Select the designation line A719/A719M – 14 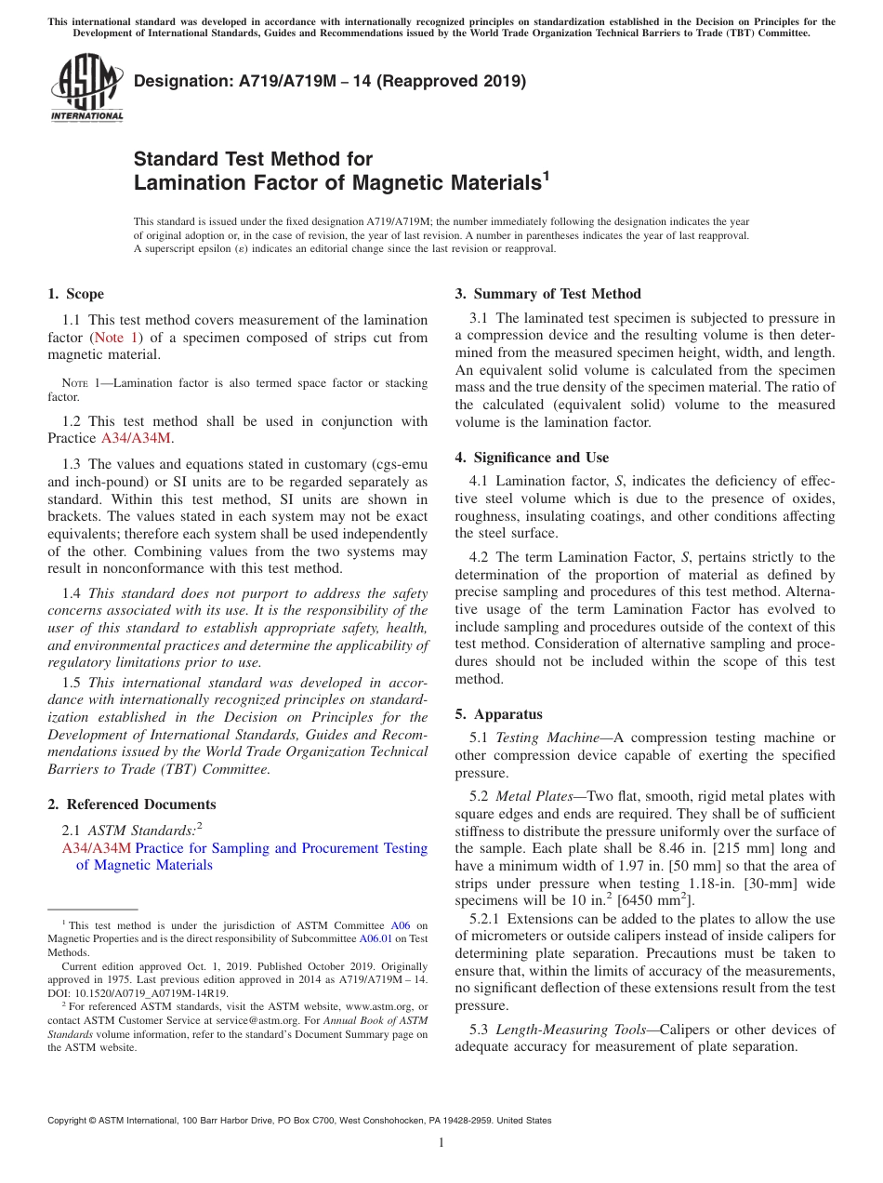(330, 81)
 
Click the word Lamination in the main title (190, 183)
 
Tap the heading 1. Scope (75, 294)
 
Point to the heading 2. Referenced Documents (131, 804)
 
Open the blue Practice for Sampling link (281, 848)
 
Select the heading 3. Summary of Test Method (547, 294)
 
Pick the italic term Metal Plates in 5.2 (534, 796)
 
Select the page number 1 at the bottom (441, 1143)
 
